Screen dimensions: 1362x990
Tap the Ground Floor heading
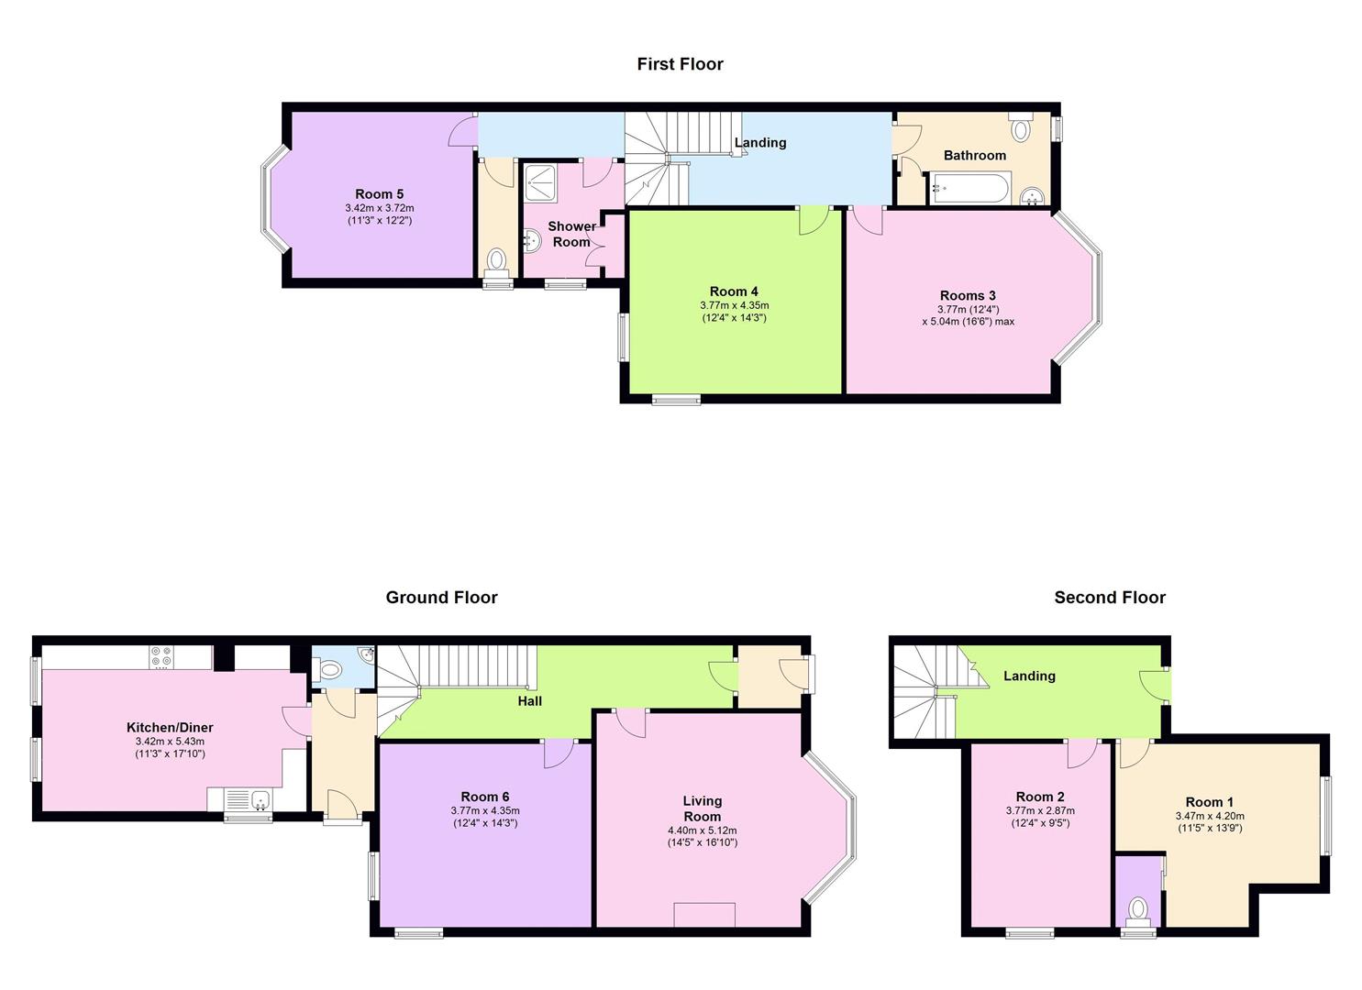coord(441,598)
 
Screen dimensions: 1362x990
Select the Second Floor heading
coord(1110,598)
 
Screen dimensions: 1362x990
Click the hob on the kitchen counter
coord(161,656)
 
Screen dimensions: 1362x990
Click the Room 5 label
coord(380,193)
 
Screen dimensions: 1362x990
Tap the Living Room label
coord(703,808)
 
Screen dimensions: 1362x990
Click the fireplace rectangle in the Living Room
coord(704,915)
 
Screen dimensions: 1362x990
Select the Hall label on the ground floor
coord(529,700)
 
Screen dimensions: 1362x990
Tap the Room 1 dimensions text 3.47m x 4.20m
coord(1210,816)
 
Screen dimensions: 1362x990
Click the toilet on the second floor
coord(1137,912)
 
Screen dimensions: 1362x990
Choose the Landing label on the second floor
coord(1029,676)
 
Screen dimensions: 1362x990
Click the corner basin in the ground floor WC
coord(367,654)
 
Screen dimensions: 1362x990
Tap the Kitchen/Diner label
coord(170,727)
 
